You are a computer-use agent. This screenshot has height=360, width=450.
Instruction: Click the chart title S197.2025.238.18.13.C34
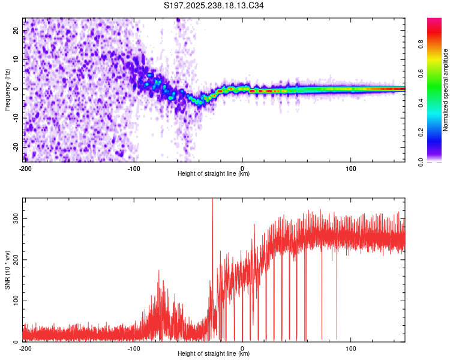(x=214, y=6)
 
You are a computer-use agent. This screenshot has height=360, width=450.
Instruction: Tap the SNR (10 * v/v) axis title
(x=7, y=269)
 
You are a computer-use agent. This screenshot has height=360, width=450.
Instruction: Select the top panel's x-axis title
(x=214, y=173)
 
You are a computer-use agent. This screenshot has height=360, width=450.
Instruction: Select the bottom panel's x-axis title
(x=214, y=353)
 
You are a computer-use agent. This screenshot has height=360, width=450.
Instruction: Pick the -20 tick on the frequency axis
(x=16, y=148)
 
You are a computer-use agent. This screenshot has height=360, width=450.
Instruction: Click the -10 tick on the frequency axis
(x=16, y=118)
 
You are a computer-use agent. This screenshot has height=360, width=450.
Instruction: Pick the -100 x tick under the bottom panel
(x=134, y=348)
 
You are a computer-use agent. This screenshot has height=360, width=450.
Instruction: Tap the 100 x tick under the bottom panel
(x=351, y=348)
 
